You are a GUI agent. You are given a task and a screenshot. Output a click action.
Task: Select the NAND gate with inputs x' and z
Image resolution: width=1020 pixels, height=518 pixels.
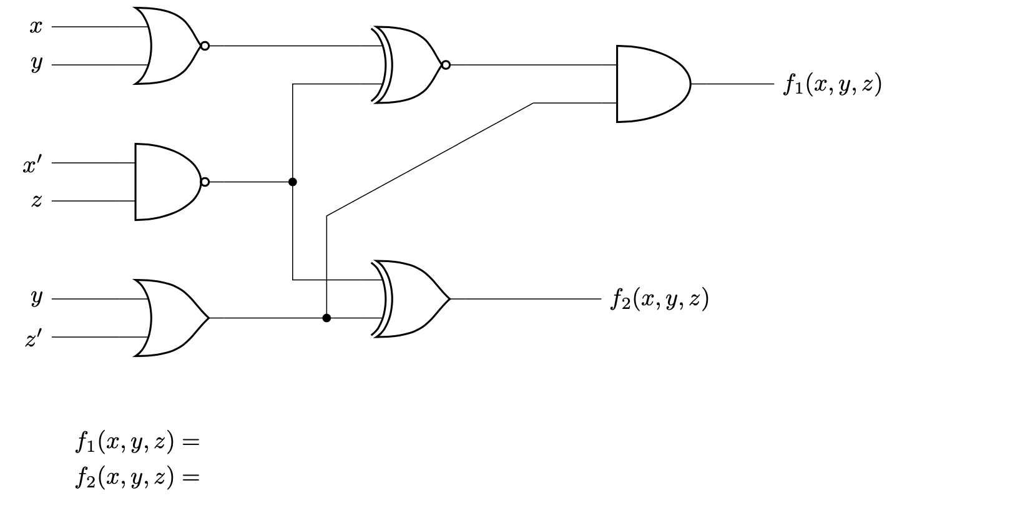pos(166,182)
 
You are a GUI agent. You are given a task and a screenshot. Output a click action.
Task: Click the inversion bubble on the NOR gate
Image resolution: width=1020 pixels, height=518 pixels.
pos(205,46)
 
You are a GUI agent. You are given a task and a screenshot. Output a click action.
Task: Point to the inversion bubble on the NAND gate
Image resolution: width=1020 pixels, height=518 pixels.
pos(205,182)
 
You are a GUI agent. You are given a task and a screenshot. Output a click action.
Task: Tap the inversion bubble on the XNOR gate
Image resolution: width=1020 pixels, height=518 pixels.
pos(446,64)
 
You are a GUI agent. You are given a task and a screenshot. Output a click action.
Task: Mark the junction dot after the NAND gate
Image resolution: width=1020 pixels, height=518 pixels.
pos(293,182)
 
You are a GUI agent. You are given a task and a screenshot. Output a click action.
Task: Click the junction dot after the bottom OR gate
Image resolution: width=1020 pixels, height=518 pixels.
pos(326,318)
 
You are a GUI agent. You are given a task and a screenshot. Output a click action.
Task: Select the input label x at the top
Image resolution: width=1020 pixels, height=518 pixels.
pos(36,27)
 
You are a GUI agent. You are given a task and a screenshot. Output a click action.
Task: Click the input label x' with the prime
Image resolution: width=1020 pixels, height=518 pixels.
pos(32,165)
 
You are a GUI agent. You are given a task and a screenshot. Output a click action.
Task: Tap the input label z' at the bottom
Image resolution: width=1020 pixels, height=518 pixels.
pos(33,339)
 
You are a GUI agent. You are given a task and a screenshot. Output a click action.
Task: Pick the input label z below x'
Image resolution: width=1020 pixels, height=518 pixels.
pos(36,201)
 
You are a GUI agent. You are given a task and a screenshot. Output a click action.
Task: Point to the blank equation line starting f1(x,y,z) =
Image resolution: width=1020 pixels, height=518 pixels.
pos(137,442)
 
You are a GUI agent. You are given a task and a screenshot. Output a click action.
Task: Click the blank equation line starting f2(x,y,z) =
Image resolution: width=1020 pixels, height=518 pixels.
pos(137,477)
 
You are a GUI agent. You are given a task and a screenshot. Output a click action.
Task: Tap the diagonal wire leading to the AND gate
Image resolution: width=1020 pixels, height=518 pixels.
pos(431,159)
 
